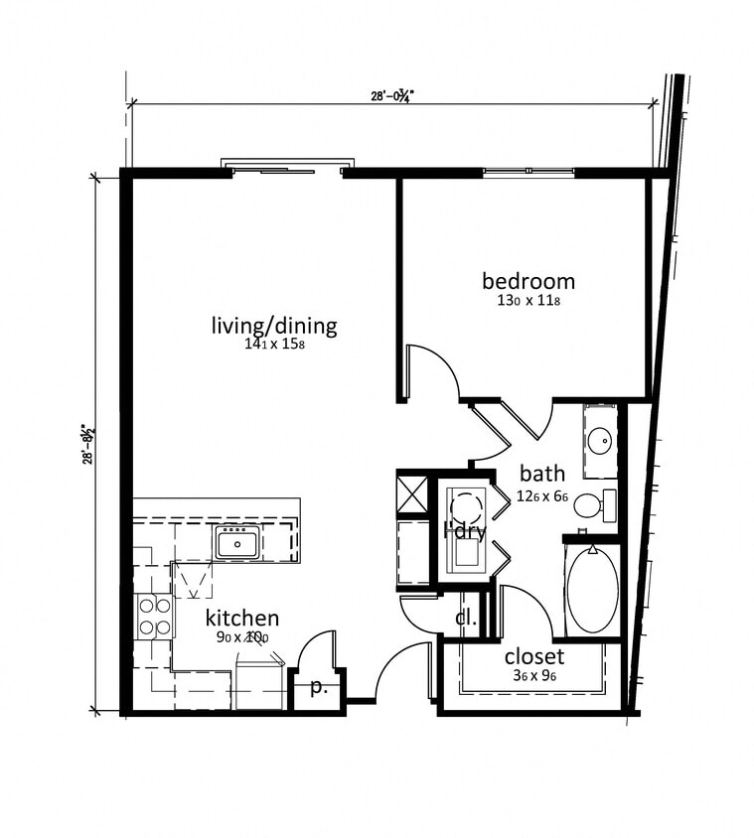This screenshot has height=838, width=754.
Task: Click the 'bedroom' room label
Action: click(x=528, y=280)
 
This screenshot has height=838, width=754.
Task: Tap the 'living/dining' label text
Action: click(x=274, y=326)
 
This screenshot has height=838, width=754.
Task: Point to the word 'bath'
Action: click(x=540, y=475)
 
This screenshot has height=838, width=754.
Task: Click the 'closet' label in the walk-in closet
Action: click(x=533, y=656)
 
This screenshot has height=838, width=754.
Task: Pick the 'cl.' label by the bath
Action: click(x=466, y=619)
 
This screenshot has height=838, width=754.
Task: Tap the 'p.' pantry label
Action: click(x=318, y=687)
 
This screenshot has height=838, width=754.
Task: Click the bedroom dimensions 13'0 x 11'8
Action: click(x=528, y=300)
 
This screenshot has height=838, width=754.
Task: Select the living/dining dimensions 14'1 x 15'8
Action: click(x=274, y=346)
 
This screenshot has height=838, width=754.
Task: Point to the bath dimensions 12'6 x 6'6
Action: click(x=542, y=495)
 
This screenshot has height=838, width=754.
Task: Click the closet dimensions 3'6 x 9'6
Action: click(x=533, y=676)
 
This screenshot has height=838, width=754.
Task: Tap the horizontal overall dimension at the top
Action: click(x=389, y=96)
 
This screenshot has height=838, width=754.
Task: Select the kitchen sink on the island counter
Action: click(x=237, y=543)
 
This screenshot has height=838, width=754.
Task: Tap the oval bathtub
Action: click(x=593, y=592)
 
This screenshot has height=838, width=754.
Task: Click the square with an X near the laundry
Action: click(x=412, y=493)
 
